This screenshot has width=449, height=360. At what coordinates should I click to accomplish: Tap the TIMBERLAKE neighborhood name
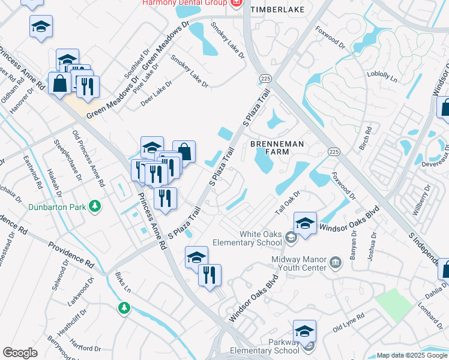point(277,10)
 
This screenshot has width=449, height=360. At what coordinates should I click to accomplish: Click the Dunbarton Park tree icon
point(94,206)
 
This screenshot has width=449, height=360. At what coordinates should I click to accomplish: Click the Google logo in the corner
point(20,353)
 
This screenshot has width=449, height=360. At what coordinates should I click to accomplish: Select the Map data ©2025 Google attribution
point(412,355)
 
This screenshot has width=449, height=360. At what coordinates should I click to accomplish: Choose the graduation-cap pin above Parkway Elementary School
point(304,330)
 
